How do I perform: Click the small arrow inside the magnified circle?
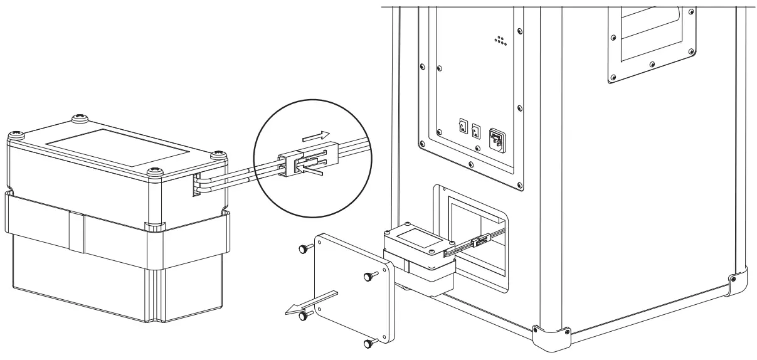point(315,135)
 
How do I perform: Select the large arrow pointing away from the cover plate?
point(311,302)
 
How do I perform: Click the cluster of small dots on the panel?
point(500,41)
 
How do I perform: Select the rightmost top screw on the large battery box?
point(218,154)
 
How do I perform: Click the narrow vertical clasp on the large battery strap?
point(75,231)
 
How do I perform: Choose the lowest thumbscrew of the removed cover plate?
point(369,343)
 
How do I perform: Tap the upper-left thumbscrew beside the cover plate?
point(303,249)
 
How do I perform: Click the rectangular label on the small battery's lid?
point(417,237)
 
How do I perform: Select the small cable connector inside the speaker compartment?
point(482,240)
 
